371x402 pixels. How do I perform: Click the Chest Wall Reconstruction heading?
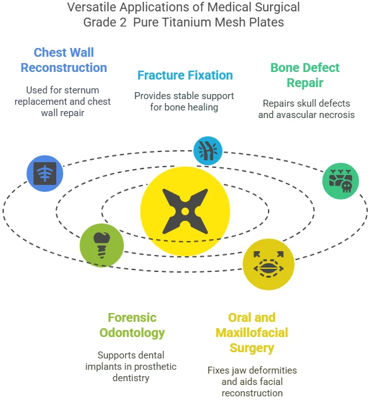[x=64, y=60]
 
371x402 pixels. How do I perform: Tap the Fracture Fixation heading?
[x=185, y=75]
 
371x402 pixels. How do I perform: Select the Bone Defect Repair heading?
[x=305, y=75]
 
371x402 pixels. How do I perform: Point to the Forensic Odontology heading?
[x=132, y=325]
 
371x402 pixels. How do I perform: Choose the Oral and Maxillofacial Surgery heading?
[x=252, y=333]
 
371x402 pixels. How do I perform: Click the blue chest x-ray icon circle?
[x=45, y=174]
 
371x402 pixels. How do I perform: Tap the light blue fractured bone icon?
[x=208, y=151]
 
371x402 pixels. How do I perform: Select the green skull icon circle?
[x=341, y=181]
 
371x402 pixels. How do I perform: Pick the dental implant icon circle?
[x=102, y=245]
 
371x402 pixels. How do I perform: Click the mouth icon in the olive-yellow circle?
[x=269, y=264]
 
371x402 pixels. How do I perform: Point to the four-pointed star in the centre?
[x=185, y=211]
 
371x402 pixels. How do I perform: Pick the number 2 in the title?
[x=123, y=22]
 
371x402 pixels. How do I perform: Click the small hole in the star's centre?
[x=185, y=211]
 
